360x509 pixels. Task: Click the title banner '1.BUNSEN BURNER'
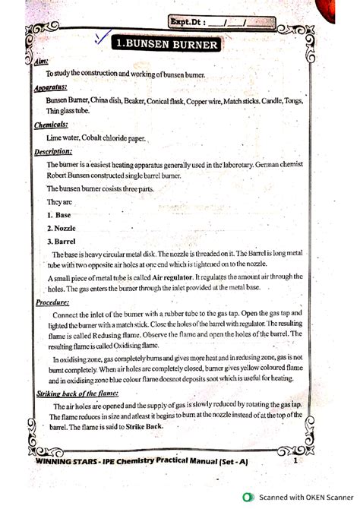[x=169, y=45]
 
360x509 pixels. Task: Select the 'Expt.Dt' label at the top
[x=190, y=23]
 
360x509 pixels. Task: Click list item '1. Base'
[x=59, y=215]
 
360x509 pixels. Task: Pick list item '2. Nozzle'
[x=62, y=228]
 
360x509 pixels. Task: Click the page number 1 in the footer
[x=294, y=460]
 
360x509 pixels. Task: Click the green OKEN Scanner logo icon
[x=247, y=498]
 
